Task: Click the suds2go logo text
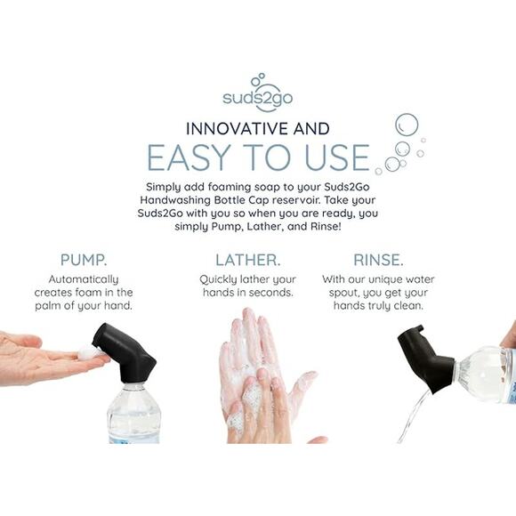point(257,98)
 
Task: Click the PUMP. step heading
point(84,261)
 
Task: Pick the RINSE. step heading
point(378,261)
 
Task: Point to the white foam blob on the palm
point(88,353)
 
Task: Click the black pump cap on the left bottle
point(125,352)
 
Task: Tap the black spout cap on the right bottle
point(425,359)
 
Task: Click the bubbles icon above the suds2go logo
point(258,80)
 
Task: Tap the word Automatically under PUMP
point(84,279)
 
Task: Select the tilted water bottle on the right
point(485,374)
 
